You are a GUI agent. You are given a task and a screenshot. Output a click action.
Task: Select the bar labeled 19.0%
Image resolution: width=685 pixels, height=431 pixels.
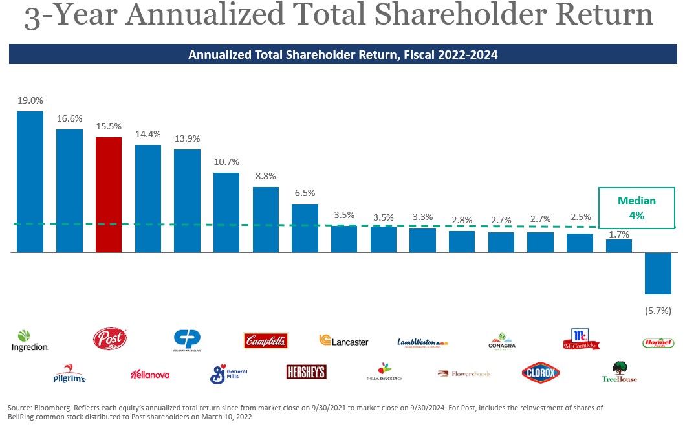pos(30,181)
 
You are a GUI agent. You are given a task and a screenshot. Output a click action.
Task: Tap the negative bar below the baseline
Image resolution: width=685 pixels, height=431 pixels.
pos(658,273)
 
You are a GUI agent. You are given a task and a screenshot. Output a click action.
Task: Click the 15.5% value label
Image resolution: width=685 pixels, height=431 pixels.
pos(108,126)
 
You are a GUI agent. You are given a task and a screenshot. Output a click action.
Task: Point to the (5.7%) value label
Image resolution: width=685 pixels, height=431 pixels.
pos(658,311)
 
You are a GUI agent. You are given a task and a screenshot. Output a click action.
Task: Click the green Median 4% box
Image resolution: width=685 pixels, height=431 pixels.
pos(636,208)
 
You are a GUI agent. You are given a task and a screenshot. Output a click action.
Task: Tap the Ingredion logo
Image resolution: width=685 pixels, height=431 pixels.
pos(30,341)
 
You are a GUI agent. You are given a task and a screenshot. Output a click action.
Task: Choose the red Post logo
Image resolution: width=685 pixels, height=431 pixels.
pos(110,338)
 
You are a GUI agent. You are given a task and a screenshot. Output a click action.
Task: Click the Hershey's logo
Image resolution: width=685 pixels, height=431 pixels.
pos(306,371)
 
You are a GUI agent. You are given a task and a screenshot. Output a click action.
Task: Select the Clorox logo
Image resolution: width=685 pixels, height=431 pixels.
pos(540,373)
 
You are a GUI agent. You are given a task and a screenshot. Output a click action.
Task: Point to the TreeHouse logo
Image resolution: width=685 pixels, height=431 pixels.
pos(620,371)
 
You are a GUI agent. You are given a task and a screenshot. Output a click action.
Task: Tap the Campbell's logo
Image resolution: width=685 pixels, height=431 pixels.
pos(266,340)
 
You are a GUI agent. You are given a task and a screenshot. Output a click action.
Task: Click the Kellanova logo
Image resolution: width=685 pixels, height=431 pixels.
pos(149,374)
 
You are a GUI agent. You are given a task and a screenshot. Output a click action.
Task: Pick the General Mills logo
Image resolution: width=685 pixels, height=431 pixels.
pos(228,373)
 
